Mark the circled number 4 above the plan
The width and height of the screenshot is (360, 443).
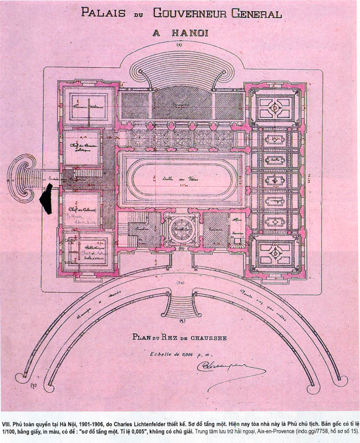point(180,44)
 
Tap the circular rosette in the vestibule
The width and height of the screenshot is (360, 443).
point(180,225)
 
